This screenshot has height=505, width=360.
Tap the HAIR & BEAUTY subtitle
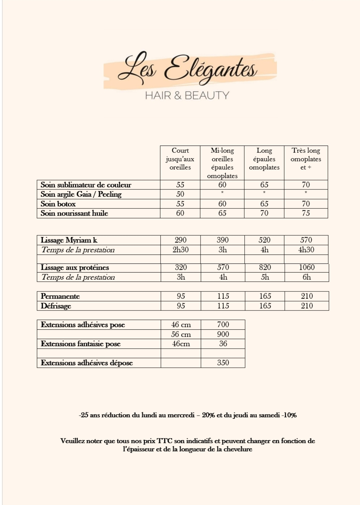(187, 96)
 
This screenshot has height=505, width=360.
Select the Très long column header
(306, 159)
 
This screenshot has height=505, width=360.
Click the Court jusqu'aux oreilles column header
(180, 159)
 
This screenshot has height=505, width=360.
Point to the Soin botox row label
(58, 204)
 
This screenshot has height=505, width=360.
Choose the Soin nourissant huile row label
(74, 213)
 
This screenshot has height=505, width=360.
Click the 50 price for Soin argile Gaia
(180, 194)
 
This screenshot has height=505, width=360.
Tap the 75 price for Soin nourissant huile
(306, 213)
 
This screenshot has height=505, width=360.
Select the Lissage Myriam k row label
(69, 240)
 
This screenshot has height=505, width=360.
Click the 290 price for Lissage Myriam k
(181, 240)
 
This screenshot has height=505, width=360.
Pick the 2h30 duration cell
(181, 250)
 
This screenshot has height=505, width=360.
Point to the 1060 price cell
(307, 267)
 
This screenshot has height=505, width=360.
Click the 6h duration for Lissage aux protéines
(307, 277)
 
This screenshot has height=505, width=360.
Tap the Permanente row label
(60, 296)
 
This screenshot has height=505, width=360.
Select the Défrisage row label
(56, 306)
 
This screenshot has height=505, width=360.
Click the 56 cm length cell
(181, 334)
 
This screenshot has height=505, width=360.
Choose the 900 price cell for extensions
(223, 334)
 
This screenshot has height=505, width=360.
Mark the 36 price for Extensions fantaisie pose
(223, 344)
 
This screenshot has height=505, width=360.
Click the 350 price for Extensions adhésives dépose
(223, 363)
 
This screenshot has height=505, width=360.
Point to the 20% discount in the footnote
(208, 415)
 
